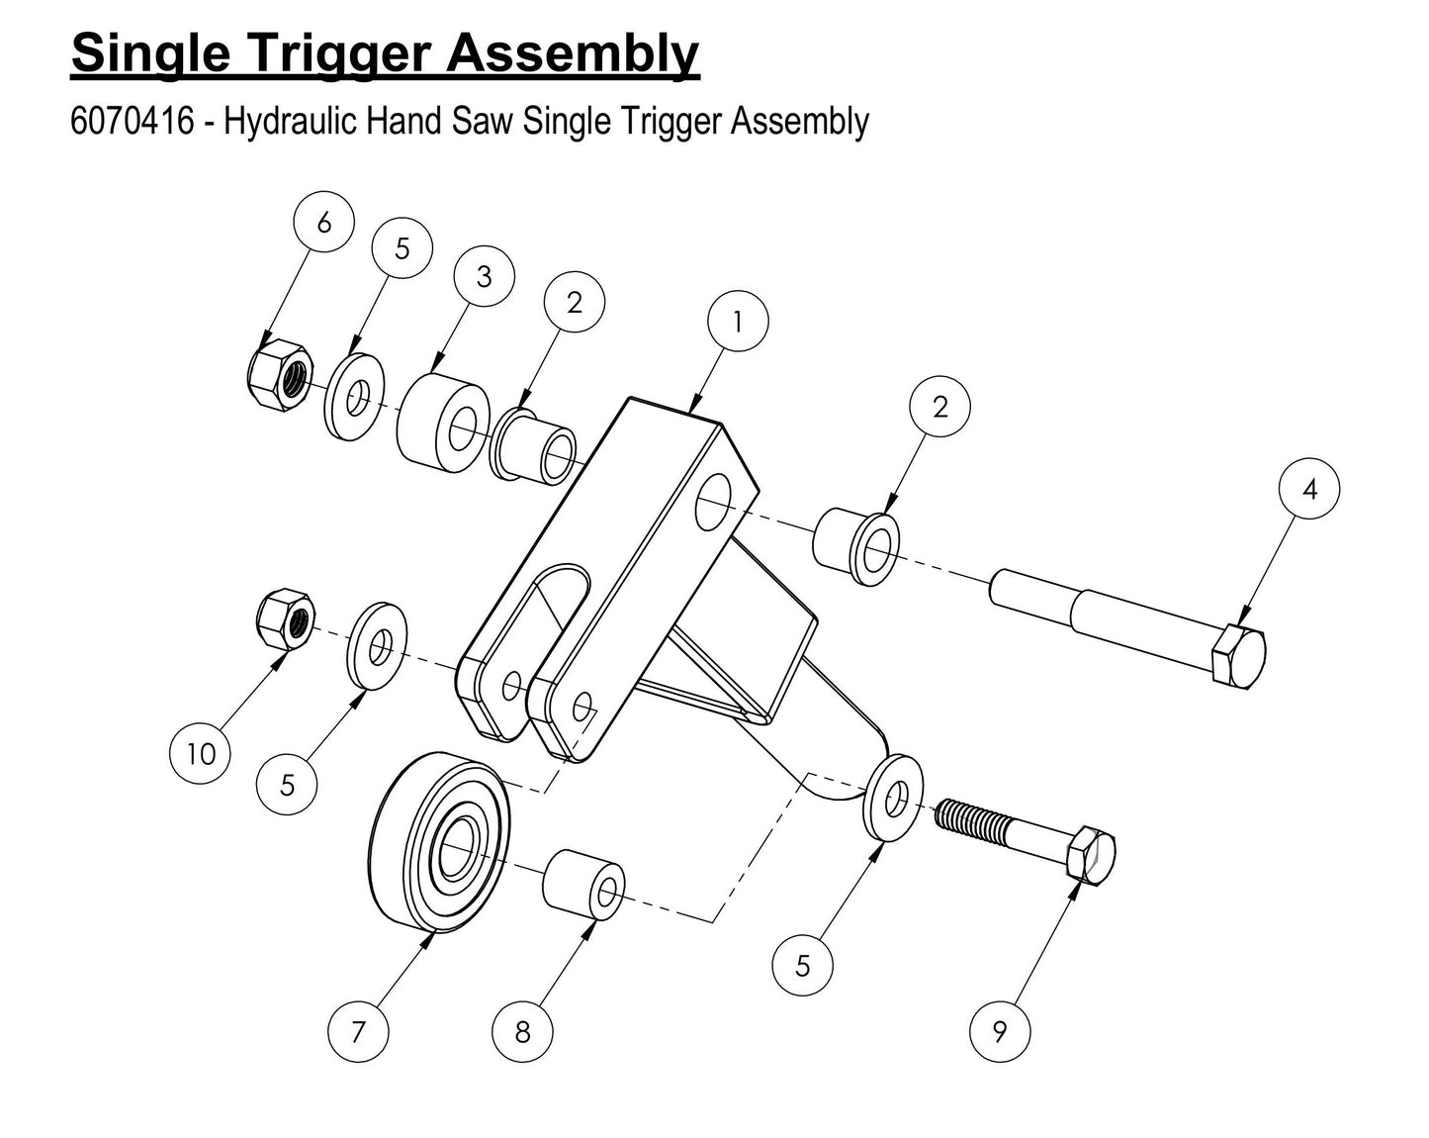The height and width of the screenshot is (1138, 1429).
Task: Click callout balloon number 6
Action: coord(324,224)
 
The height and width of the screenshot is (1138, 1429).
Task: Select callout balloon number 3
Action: coord(484,277)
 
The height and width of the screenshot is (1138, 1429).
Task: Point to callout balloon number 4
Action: coord(1309,489)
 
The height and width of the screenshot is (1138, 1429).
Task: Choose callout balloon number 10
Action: coord(201,754)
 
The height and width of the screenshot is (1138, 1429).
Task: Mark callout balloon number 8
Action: coord(522,1032)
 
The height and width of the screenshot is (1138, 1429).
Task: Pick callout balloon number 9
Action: coord(1000,1032)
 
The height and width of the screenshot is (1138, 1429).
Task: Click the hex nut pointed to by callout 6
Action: coord(280,375)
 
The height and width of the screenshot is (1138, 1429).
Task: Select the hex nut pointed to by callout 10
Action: coord(285,619)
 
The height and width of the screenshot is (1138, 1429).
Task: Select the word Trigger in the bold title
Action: coord(325,53)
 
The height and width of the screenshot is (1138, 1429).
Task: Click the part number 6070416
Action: coord(132,122)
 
